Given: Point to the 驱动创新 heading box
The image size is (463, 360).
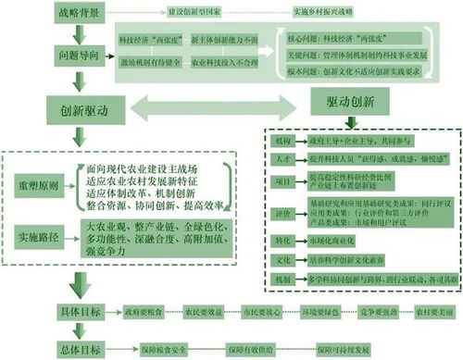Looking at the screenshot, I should (357, 98).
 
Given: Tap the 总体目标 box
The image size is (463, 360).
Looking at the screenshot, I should (79, 350).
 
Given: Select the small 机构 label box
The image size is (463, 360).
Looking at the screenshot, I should (282, 140).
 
